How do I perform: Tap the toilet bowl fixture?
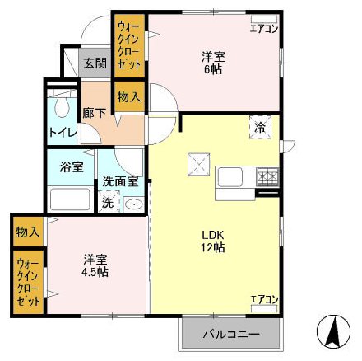(61, 108)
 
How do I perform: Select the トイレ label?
(63, 132)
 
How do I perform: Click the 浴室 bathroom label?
(71, 166)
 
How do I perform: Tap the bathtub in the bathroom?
(71, 198)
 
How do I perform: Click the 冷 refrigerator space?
(260, 129)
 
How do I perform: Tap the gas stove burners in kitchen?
(267, 175)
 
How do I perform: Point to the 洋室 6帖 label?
(214, 63)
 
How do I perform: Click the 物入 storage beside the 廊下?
(128, 97)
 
